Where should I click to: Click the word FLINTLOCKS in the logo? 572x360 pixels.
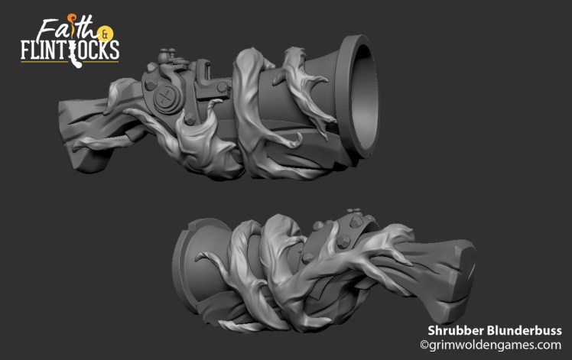pyautogui.click(x=69, y=50)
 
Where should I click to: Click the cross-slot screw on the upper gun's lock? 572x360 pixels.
pyautogui.click(x=165, y=97)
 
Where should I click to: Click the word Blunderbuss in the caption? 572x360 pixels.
pyautogui.click(x=528, y=330)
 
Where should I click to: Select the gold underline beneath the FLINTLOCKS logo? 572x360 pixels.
pyautogui.click(x=69, y=61)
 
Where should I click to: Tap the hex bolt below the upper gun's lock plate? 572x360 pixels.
pyautogui.click(x=187, y=120)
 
